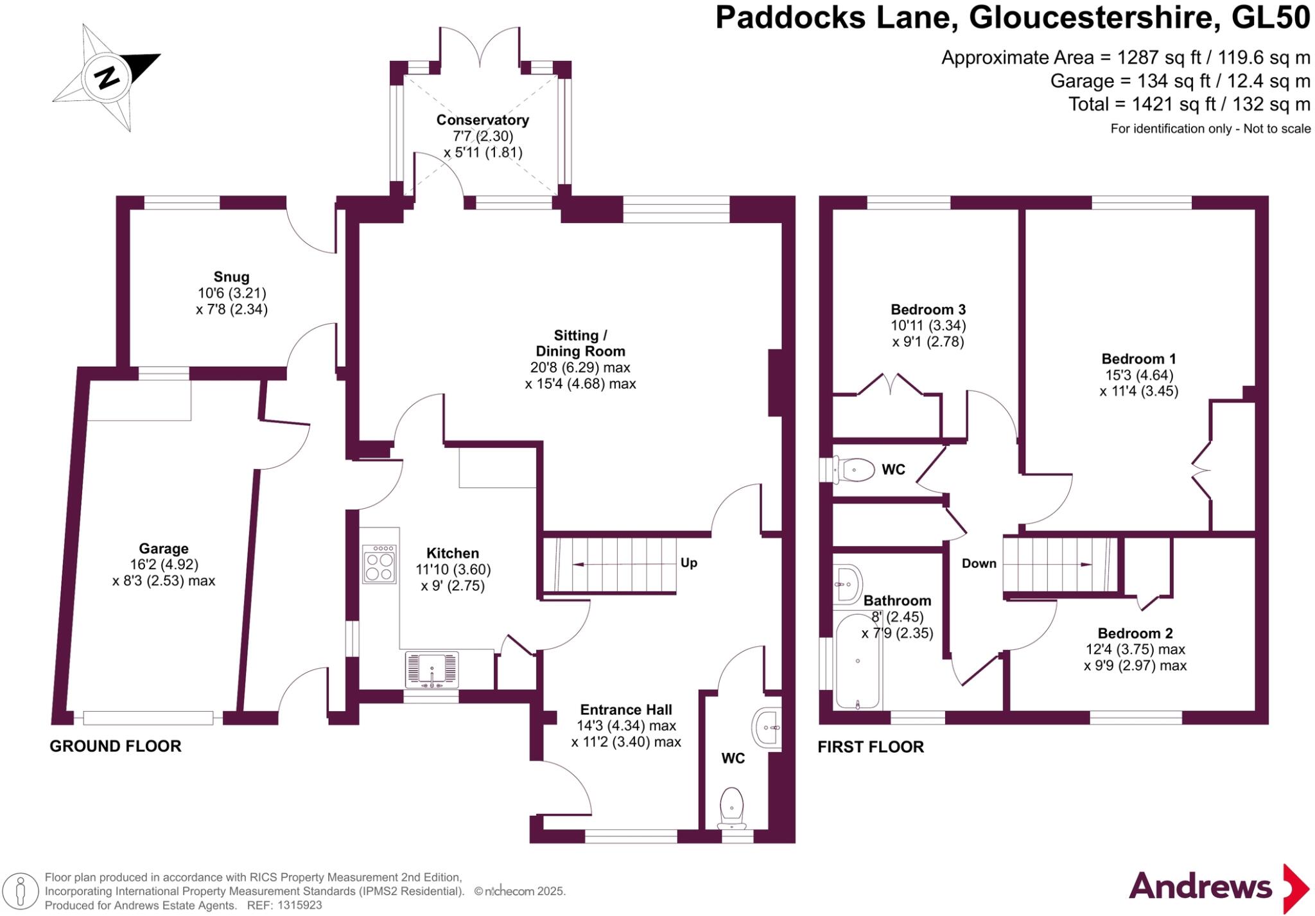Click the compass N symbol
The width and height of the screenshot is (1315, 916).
[x=107, y=78]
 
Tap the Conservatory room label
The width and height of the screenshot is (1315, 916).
[x=482, y=120]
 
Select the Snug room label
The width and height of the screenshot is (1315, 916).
[x=231, y=277]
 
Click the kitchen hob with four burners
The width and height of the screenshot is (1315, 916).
[x=379, y=564]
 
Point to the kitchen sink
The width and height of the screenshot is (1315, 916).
[x=432, y=669]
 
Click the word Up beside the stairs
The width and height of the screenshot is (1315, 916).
[x=688, y=563]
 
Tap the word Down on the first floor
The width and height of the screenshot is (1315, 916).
[x=979, y=563]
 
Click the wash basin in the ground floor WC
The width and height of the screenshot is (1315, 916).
[x=768, y=727]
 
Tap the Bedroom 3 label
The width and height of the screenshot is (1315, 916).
[x=928, y=310]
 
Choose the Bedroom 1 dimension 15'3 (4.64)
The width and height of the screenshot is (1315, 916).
[x=1138, y=375]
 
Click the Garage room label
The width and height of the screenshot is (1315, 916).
[x=164, y=549]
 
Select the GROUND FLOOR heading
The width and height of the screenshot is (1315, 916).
[x=116, y=746]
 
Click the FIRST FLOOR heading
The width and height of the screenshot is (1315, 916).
[x=870, y=746]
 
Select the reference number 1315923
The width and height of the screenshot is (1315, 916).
[x=299, y=905]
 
